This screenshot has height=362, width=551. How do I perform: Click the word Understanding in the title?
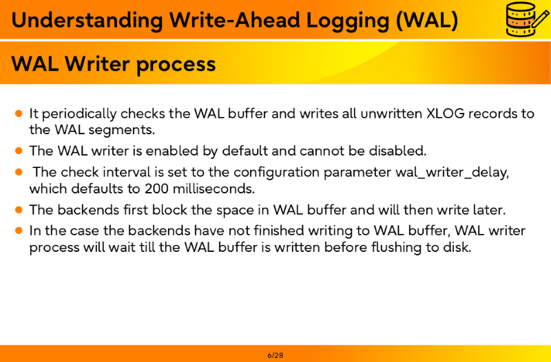click(x=87, y=21)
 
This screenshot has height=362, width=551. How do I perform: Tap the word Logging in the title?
click(x=348, y=21)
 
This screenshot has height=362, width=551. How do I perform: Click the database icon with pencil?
click(x=527, y=19)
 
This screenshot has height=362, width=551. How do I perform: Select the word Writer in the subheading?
click(x=97, y=64)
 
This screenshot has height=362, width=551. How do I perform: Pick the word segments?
click(x=121, y=131)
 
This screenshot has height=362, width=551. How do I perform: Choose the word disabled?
click(x=397, y=151)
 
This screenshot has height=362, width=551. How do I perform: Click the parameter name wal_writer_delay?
click(x=452, y=173)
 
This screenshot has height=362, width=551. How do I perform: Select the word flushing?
click(x=397, y=248)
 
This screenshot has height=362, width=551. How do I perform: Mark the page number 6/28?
click(x=275, y=355)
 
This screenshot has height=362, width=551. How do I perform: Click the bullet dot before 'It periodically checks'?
click(x=19, y=114)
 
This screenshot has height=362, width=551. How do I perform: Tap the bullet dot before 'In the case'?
click(x=19, y=231)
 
